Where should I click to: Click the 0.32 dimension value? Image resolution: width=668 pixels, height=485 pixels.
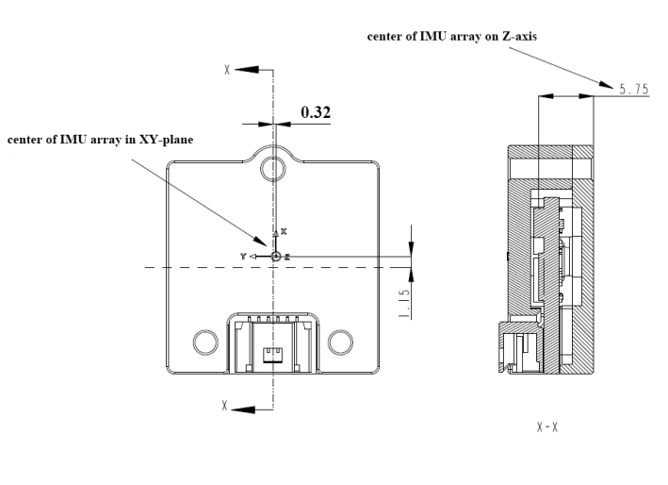pos(316,112)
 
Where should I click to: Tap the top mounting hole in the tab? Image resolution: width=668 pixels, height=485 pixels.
pos(273,170)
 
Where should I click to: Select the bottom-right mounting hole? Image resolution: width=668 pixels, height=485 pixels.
pos(342,340)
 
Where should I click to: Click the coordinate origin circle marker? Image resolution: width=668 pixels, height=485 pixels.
pos(275,256)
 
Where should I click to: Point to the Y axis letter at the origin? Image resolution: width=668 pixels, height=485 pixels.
pos(243,256)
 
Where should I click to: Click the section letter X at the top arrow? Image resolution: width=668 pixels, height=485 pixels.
pos(226,70)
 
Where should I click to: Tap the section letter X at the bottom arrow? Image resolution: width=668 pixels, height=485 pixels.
pos(225,407)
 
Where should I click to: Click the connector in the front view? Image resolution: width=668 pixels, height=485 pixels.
pos(273,344)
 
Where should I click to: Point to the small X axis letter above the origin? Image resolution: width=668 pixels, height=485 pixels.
pos(284,231)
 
